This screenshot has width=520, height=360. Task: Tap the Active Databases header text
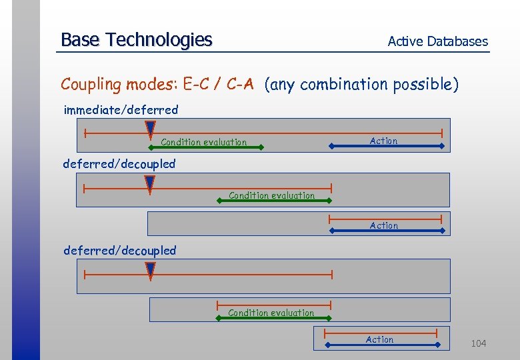pyautogui.click(x=437, y=41)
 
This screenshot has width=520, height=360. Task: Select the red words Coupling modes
pyautogui.click(x=119, y=85)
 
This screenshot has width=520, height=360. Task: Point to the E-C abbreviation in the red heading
pyautogui.click(x=198, y=84)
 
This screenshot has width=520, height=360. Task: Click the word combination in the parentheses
pyautogui.click(x=343, y=85)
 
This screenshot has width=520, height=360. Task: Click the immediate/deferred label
pyautogui.click(x=121, y=110)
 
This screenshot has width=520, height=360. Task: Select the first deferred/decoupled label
pyautogui.click(x=119, y=164)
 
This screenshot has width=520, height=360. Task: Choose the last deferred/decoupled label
pyautogui.click(x=120, y=251)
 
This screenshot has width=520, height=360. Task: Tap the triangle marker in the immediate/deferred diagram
pyautogui.click(x=151, y=129)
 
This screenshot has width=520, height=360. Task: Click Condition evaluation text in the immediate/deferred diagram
pyautogui.click(x=203, y=142)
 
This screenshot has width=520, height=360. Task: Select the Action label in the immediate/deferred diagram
pyautogui.click(x=383, y=141)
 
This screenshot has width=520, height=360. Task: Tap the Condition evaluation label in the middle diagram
pyautogui.click(x=271, y=195)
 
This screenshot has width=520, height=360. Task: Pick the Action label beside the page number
pyautogui.click(x=380, y=339)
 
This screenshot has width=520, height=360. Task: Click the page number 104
pyautogui.click(x=479, y=343)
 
